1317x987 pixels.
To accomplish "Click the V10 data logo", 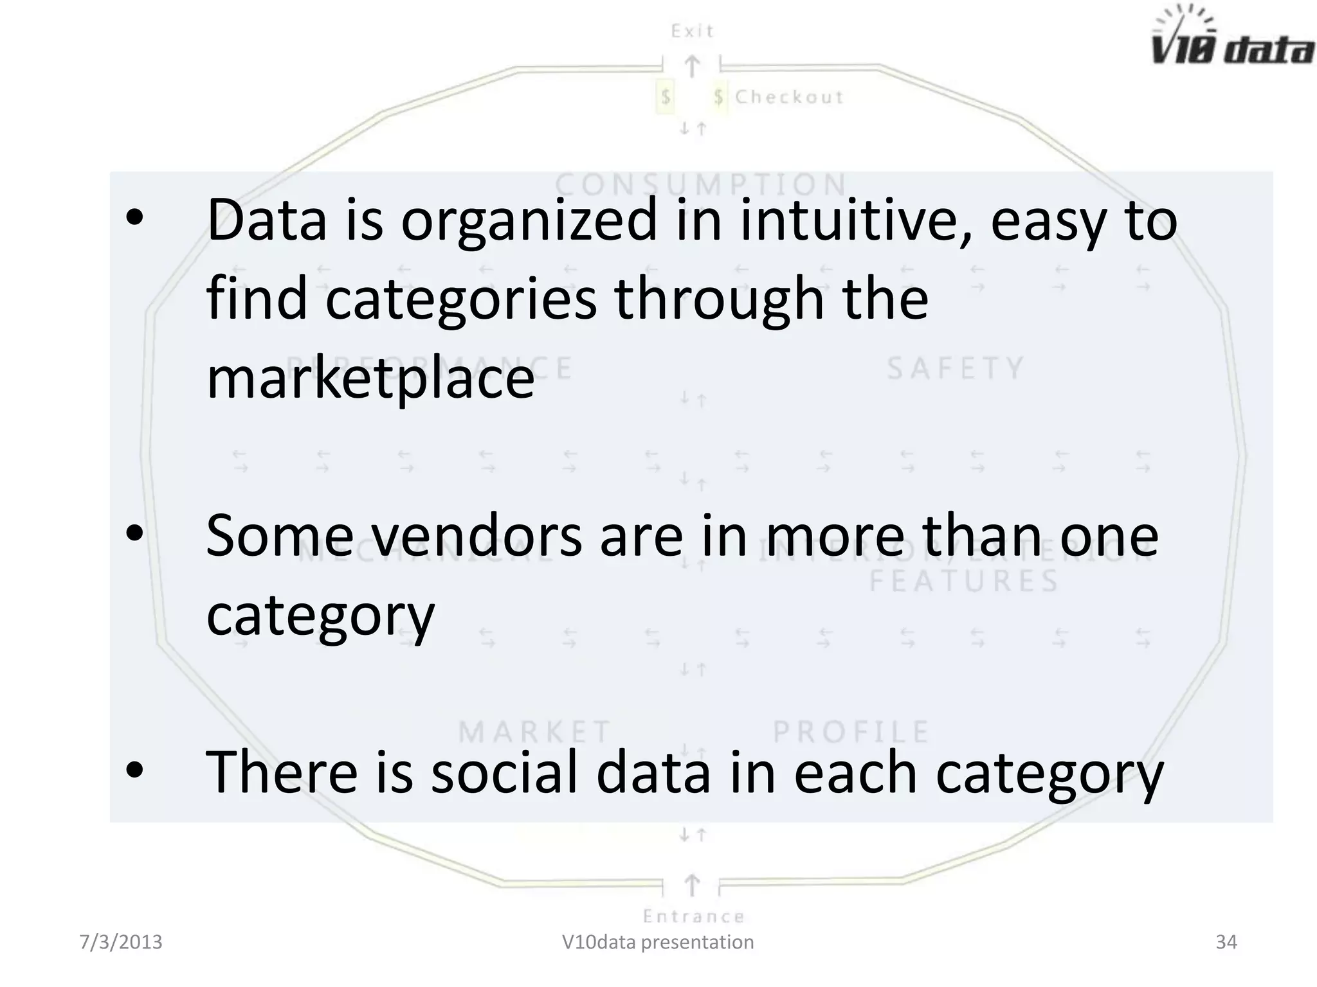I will click(x=1231, y=39).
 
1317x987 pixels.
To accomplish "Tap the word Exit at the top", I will click(x=692, y=31).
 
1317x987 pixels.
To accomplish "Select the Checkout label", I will click(x=789, y=97).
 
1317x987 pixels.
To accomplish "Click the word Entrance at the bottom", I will click(x=693, y=916).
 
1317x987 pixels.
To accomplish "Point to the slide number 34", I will click(x=1226, y=942).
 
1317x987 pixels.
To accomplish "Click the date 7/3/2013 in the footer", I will click(x=121, y=942).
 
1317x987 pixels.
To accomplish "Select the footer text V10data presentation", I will click(x=658, y=942).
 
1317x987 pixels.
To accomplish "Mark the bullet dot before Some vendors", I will click(x=134, y=535).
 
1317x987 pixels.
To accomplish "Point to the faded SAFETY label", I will click(x=956, y=369).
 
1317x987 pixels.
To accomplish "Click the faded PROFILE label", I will click(x=851, y=732).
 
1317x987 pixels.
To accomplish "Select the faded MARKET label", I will click(x=534, y=732).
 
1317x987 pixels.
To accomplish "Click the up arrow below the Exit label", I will click(x=692, y=67).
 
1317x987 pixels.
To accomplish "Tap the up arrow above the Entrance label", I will click(x=692, y=885).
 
